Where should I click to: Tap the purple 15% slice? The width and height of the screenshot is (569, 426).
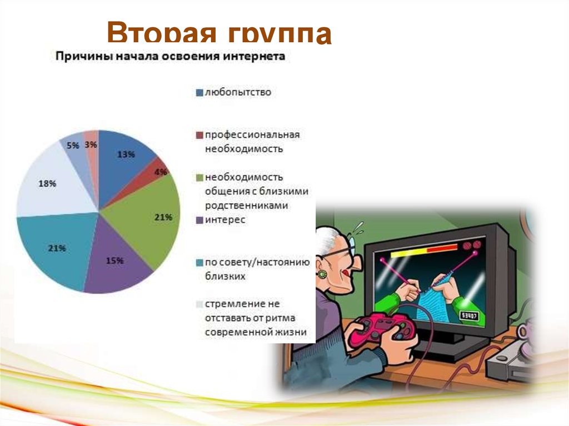tap(117, 261)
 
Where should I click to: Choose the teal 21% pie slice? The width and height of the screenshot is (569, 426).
tap(56, 250)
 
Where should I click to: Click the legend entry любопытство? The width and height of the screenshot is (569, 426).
tap(237, 92)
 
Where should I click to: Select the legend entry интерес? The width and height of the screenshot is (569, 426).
tap(224, 220)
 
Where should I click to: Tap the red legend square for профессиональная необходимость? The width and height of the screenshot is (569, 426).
tap(199, 136)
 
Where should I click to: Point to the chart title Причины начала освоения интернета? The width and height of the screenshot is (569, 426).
tap(169, 57)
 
